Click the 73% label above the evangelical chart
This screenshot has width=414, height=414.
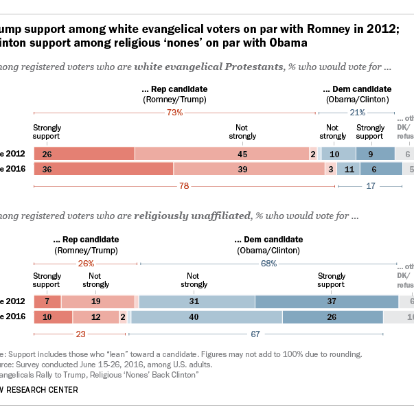174,112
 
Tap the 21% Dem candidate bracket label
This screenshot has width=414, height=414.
357,112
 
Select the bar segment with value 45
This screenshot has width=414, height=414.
222,154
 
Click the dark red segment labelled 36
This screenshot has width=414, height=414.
103,169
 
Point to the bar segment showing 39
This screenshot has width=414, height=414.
249,169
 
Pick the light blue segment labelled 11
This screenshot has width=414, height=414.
348,169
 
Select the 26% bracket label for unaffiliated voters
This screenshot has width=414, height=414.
85,264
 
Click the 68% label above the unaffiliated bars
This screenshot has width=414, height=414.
268,264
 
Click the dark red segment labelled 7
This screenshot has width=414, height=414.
47,301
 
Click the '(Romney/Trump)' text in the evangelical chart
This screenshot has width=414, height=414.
174,100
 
